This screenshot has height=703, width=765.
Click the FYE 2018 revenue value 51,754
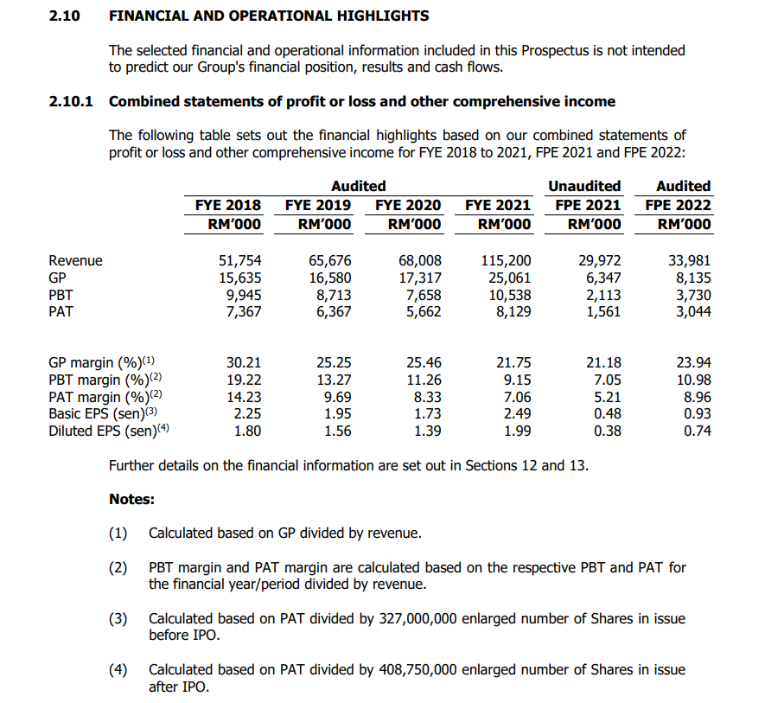point(239,260)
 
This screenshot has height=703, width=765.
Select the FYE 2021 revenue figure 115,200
point(506,260)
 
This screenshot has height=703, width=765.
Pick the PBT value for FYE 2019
point(330,295)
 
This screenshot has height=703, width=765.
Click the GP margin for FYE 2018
point(243,362)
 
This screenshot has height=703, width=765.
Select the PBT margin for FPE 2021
point(604,380)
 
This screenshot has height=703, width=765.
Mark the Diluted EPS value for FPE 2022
point(697,430)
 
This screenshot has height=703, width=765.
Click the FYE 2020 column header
point(408,205)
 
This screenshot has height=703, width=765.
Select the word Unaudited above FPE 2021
point(584,186)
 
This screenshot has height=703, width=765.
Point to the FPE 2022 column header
point(679,205)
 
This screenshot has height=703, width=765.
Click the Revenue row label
point(75,260)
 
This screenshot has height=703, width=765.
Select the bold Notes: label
point(131,499)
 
